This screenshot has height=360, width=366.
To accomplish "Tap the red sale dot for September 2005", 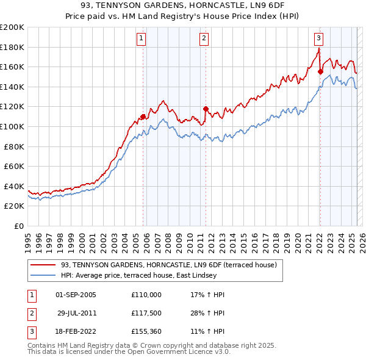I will (x=143, y=117).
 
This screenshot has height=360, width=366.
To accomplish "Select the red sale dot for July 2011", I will (x=206, y=109).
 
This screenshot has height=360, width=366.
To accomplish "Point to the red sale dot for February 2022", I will (x=320, y=71).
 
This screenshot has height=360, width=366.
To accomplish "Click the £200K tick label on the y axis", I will (x=12, y=27).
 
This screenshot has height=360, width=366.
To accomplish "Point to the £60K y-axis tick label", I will (x=15, y=166).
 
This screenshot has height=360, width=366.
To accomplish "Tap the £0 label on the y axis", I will (x=20, y=226).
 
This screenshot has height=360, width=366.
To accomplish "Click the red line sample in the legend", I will (x=43, y=265).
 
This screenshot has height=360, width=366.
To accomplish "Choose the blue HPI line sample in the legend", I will (x=43, y=275).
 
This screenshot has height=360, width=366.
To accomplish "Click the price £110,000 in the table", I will (x=146, y=295).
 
